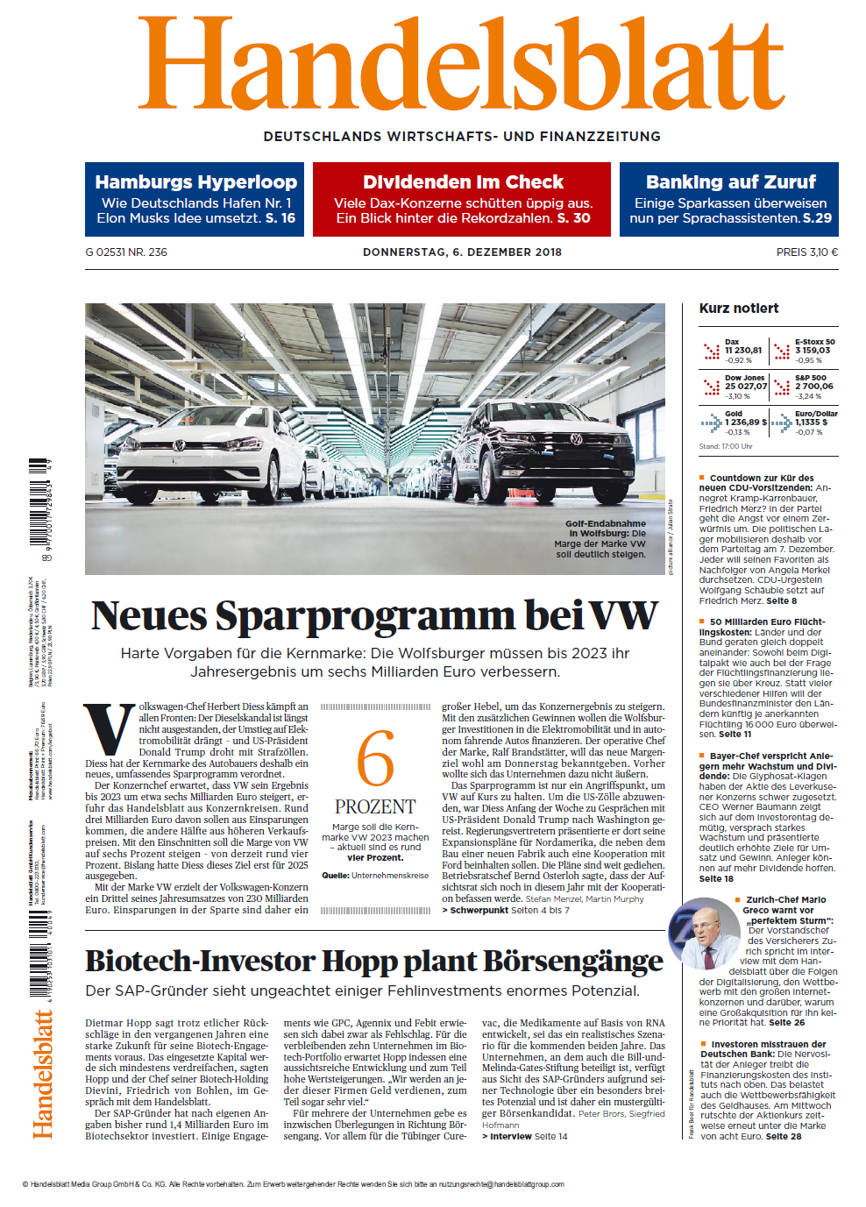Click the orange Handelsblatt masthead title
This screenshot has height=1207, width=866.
pos(461,66)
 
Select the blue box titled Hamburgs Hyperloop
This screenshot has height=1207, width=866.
pos(195,199)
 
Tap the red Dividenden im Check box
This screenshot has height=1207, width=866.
pos(462,199)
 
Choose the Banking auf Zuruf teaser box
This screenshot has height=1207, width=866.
pos(729,199)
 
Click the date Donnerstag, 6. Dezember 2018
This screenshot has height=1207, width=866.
pos(462,252)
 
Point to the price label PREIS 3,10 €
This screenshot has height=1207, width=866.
pos(806,252)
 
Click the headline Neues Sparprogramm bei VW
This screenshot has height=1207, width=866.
pos(374,615)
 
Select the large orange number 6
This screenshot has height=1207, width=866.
pos(375,758)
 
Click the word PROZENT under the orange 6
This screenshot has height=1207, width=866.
pos(375,806)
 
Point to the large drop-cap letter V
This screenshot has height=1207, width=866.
pos(110,729)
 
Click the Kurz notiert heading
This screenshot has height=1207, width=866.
pos(739,309)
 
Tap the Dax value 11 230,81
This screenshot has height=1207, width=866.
pos(743,351)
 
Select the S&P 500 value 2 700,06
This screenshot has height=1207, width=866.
pos(814,387)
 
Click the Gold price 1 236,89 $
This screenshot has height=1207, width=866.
pos(746,422)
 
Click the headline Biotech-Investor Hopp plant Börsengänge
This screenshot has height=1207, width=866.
pos(374,962)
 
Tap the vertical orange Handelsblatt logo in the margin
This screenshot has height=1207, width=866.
pos(43,1074)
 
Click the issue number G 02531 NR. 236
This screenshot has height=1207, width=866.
pos(126,252)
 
